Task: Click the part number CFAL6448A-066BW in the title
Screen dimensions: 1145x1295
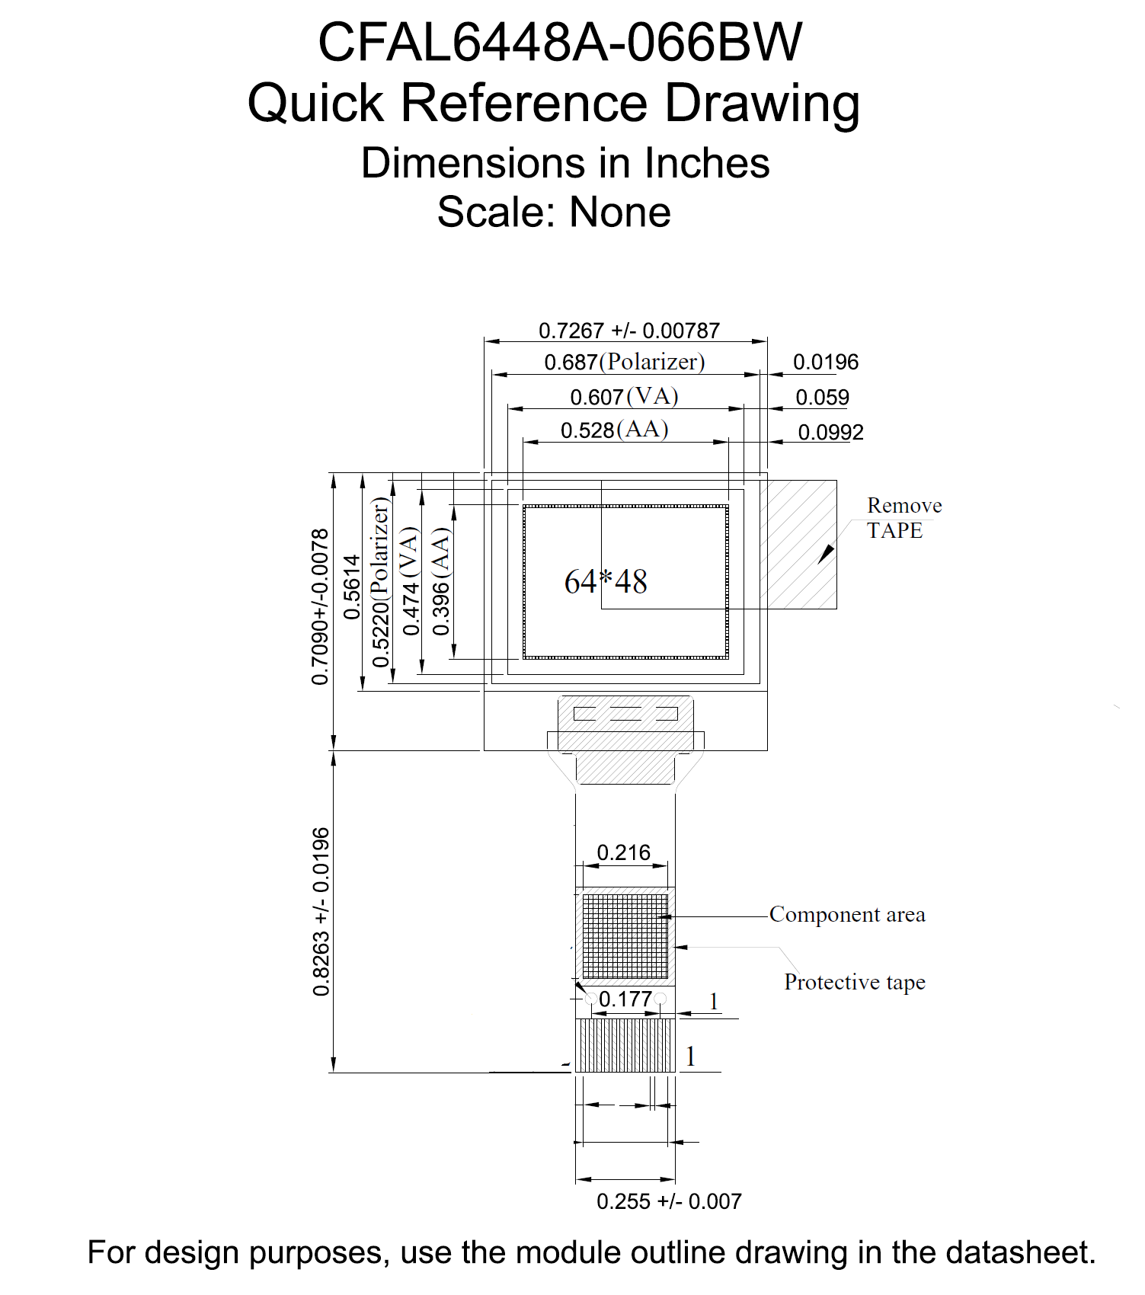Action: [560, 42]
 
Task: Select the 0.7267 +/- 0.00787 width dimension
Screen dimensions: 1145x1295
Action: [629, 331]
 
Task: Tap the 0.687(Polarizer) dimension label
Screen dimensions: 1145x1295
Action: [625, 362]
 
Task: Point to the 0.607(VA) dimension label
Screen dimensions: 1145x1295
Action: [625, 397]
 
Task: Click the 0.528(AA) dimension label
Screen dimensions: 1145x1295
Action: [615, 430]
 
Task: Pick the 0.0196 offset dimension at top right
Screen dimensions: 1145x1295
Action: [826, 362]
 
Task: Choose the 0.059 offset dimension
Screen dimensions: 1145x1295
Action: [822, 397]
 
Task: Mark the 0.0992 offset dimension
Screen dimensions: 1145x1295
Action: [830, 432]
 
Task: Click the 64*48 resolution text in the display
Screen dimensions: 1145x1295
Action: [606, 582]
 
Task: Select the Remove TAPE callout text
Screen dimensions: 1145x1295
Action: [904, 518]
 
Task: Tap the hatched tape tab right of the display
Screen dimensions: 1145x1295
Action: [802, 544]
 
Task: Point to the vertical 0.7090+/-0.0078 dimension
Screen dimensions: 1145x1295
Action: [321, 606]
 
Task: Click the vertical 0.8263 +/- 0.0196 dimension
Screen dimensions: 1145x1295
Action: [321, 912]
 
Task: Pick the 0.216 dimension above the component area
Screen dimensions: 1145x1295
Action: [624, 852]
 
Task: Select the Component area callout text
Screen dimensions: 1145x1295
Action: [847, 914]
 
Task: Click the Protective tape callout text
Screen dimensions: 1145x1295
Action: [855, 982]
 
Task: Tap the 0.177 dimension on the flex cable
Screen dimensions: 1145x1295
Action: [625, 999]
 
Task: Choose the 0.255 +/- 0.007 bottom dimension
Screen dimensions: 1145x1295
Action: [669, 1201]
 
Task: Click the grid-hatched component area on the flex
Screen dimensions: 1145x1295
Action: [625, 936]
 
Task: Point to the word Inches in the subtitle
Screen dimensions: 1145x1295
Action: [707, 163]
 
